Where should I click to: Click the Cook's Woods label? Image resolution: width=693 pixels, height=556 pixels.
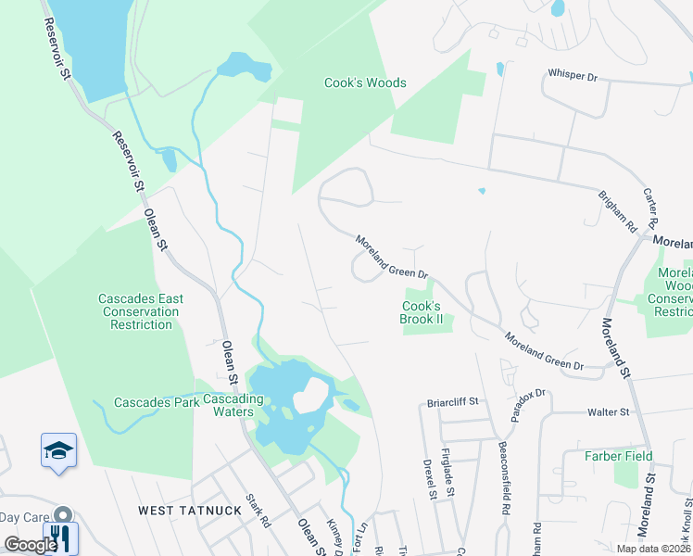pos(365,82)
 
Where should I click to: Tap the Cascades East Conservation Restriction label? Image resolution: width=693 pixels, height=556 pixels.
pos(141,311)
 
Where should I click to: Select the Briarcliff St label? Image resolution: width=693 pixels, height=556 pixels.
pos(452,402)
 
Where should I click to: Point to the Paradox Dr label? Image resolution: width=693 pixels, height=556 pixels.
pos(527,401)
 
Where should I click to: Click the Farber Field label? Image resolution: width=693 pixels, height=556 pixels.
pos(618,456)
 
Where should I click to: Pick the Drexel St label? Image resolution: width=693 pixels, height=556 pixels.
pos(430,479)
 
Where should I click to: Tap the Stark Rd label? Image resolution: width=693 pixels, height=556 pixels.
pos(257,510)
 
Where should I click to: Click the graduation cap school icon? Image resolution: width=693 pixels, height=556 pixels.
pos(59,451)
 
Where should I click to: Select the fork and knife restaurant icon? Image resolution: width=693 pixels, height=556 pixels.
pos(61,537)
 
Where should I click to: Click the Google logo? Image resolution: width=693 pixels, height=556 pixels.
pos(30,545)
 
